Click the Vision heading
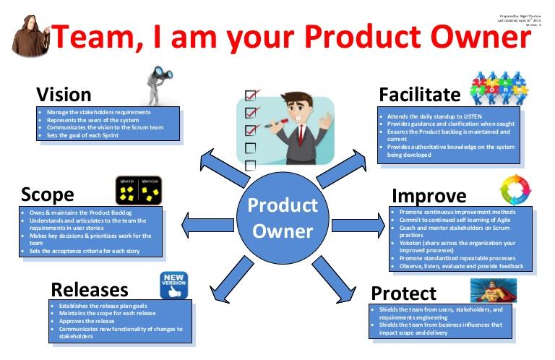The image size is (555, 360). tap(64, 95)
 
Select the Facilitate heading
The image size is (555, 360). tap(419, 95)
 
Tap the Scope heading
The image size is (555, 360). tap(48, 194)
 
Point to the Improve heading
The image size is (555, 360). tap(429, 196)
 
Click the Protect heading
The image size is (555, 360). tap(403, 293)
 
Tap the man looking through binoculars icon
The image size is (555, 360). tap(158, 86)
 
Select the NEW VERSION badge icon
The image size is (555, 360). tap(173, 284)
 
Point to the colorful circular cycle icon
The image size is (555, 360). tap(515, 192)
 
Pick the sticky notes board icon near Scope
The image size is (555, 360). tap(138, 190)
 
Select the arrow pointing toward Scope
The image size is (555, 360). tap(203, 220)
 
